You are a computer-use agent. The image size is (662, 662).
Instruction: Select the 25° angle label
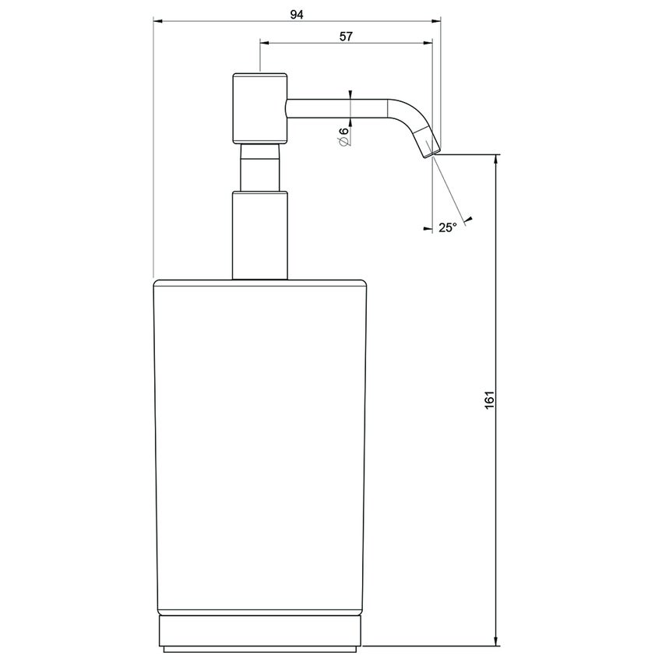[447, 227]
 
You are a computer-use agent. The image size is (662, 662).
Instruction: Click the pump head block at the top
[260, 107]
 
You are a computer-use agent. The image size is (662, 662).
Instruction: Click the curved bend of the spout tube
[407, 111]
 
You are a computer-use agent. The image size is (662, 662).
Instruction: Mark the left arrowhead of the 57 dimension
[263, 44]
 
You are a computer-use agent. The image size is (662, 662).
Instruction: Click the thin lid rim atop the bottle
[260, 282]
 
